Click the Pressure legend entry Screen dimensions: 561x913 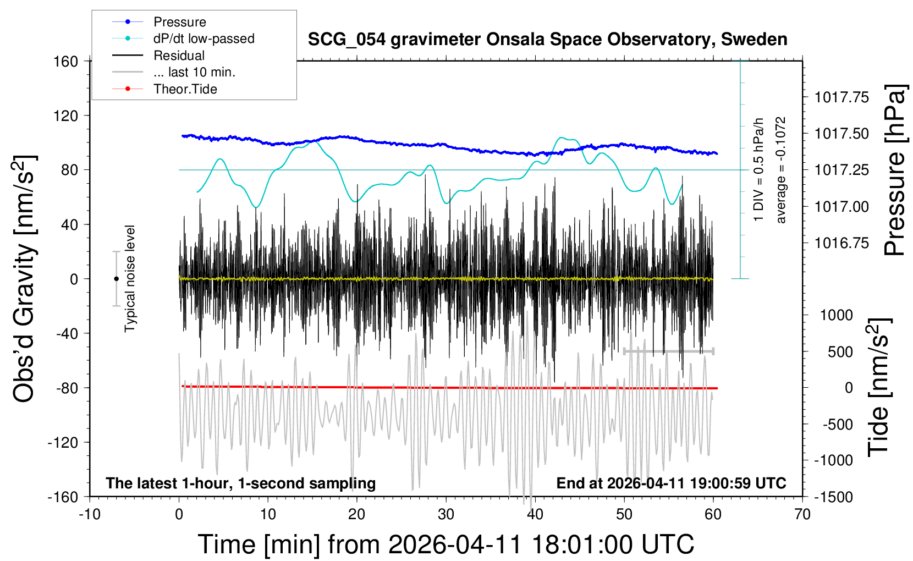[x=179, y=22]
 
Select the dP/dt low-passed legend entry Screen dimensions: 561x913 [x=204, y=38]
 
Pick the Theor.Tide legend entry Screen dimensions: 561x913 [x=185, y=89]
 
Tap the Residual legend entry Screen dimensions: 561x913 [x=179, y=56]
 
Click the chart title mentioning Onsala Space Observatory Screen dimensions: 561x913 [x=547, y=40]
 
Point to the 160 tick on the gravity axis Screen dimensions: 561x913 [x=66, y=61]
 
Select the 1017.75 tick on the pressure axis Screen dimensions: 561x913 [x=842, y=97]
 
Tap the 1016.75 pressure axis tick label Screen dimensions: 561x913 [x=842, y=243]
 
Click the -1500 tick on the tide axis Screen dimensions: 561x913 [x=833, y=497]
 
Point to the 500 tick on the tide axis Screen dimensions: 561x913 [x=840, y=351]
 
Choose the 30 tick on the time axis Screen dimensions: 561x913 [x=446, y=514]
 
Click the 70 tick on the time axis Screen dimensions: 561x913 [x=802, y=514]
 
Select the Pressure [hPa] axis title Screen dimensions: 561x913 [x=894, y=170]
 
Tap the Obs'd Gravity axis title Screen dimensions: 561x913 [x=25, y=279]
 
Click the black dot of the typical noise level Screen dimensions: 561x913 [x=116, y=279]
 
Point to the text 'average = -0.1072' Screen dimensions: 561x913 [x=780, y=170]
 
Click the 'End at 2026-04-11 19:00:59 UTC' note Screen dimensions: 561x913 [x=671, y=483]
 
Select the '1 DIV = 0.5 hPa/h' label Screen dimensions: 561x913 [x=759, y=170]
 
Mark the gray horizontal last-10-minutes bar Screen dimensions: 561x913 [x=668, y=351]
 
